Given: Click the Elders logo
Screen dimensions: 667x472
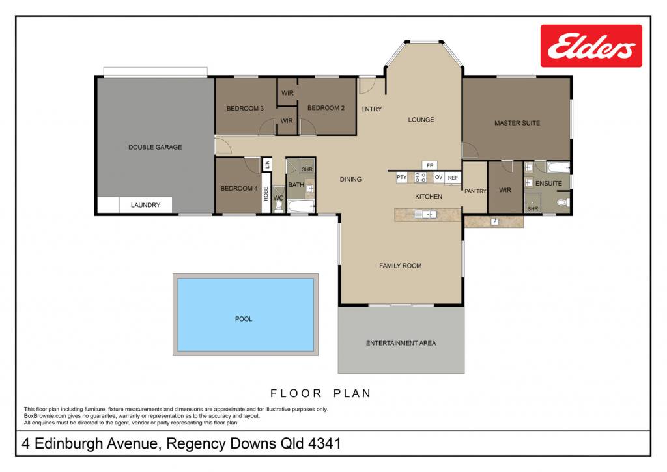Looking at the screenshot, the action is pyautogui.click(x=591, y=46).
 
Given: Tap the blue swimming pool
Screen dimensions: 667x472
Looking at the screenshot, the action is pyautogui.click(x=246, y=314).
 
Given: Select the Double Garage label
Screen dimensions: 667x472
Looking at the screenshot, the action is pyautogui.click(x=155, y=147).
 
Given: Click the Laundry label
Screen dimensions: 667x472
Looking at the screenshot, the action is pyautogui.click(x=145, y=205).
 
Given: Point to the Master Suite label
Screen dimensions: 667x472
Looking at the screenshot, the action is pyautogui.click(x=517, y=123).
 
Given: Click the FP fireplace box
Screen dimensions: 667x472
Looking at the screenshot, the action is pyautogui.click(x=430, y=165).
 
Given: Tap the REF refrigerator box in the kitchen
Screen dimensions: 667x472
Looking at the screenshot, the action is pyautogui.click(x=453, y=178).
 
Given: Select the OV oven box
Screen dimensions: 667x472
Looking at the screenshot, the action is pyautogui.click(x=438, y=177).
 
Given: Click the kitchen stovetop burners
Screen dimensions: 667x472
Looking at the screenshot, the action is pyautogui.click(x=420, y=177).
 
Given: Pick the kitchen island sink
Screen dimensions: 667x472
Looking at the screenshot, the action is pyautogui.click(x=425, y=214).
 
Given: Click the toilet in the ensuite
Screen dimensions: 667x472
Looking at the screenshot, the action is pyautogui.click(x=563, y=202).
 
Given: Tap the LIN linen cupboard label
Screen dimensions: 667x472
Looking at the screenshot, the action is pyautogui.click(x=267, y=164).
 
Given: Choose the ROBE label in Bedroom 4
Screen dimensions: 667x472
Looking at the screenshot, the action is pyautogui.click(x=266, y=193).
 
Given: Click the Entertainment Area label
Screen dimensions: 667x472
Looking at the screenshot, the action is pyautogui.click(x=401, y=343).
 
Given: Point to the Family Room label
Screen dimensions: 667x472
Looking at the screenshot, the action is pyautogui.click(x=401, y=266).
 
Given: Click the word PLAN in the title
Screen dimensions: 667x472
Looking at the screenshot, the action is pyautogui.click(x=352, y=393).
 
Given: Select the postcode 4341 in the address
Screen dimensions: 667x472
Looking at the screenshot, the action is pyautogui.click(x=324, y=443).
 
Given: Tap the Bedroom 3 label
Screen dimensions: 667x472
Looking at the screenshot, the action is pyautogui.click(x=245, y=109).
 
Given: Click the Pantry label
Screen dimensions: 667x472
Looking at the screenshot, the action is pyautogui.click(x=475, y=191).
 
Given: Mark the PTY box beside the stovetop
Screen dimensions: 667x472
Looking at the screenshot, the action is pyautogui.click(x=401, y=177).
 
